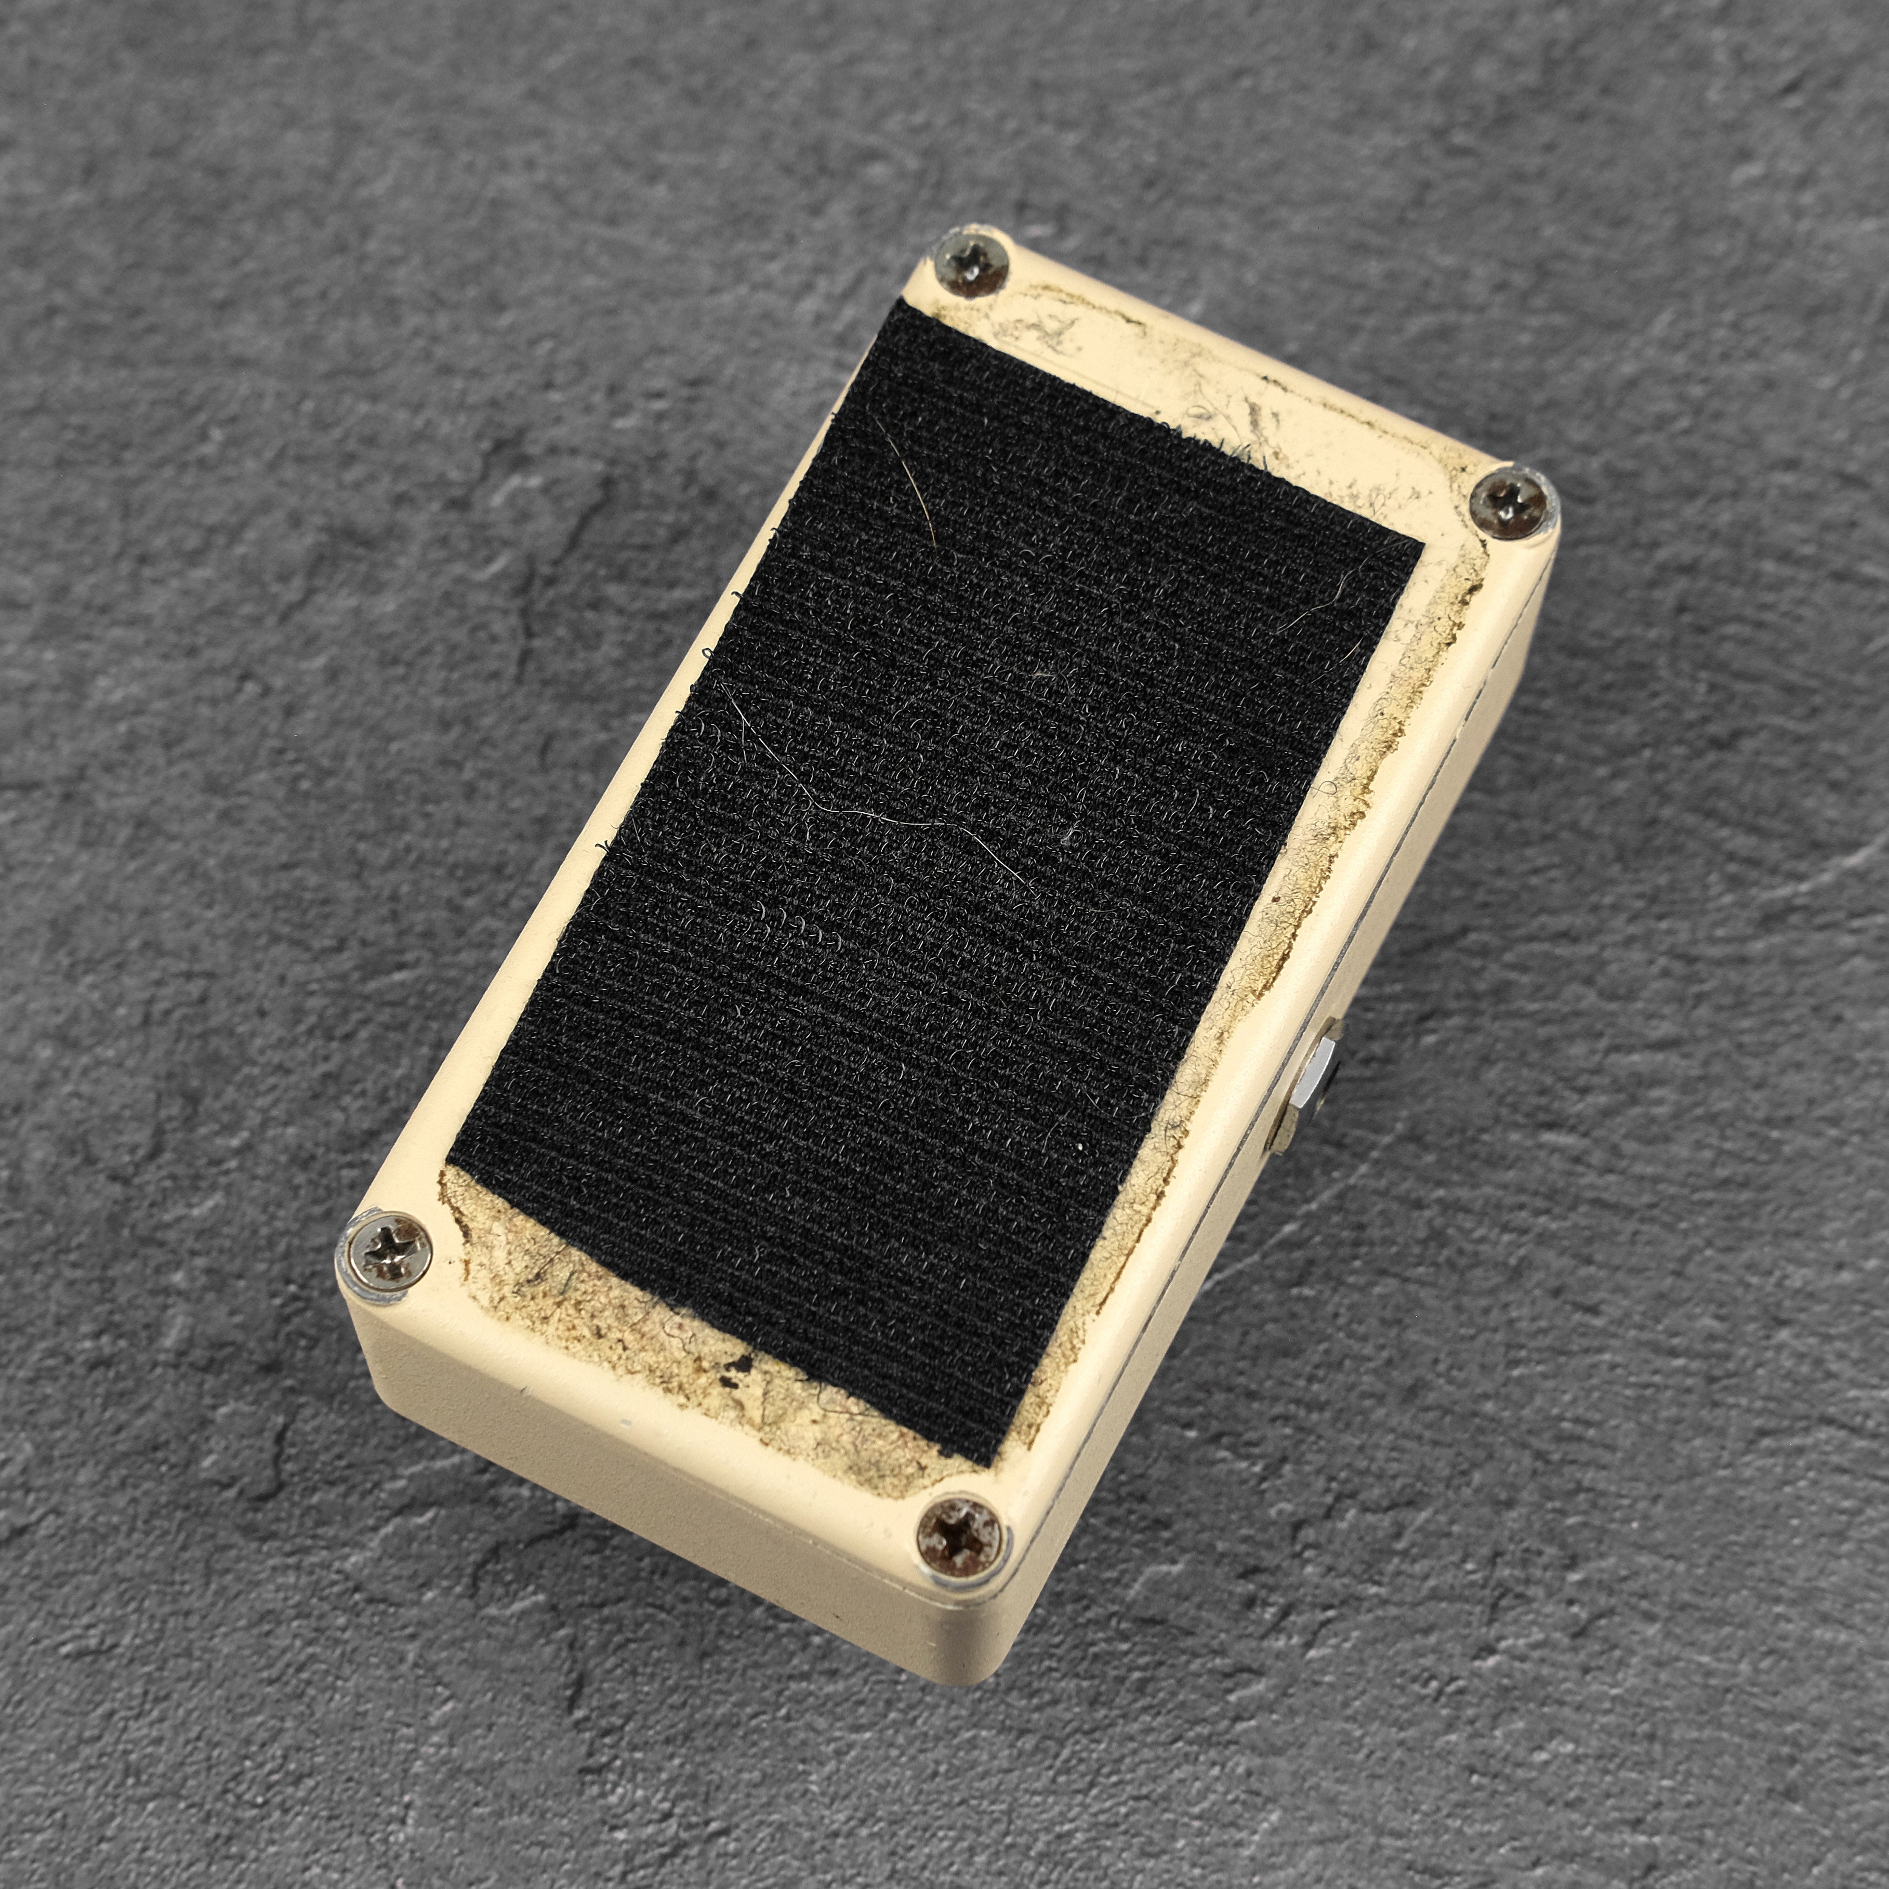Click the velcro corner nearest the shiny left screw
tap(452, 1164)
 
